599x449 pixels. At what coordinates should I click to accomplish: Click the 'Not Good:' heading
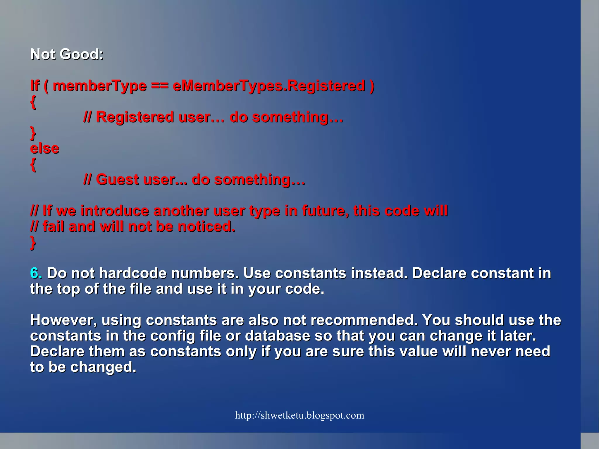pos(67,54)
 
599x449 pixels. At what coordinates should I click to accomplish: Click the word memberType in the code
pos(100,86)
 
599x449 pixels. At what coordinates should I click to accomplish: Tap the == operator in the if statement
pos(160,86)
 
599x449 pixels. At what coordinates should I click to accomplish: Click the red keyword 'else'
pos(45,149)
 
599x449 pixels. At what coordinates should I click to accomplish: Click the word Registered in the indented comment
pos(135,117)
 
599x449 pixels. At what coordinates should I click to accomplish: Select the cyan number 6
pos(34,273)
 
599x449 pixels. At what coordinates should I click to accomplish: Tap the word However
pos(63,320)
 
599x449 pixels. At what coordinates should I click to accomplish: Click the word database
pos(277,336)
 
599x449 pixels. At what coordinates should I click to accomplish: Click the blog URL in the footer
pos(299,415)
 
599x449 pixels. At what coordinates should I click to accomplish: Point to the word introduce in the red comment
pos(115,211)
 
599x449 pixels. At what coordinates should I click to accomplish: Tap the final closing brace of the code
pos(33,243)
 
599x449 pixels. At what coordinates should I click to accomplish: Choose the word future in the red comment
pos(325,211)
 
